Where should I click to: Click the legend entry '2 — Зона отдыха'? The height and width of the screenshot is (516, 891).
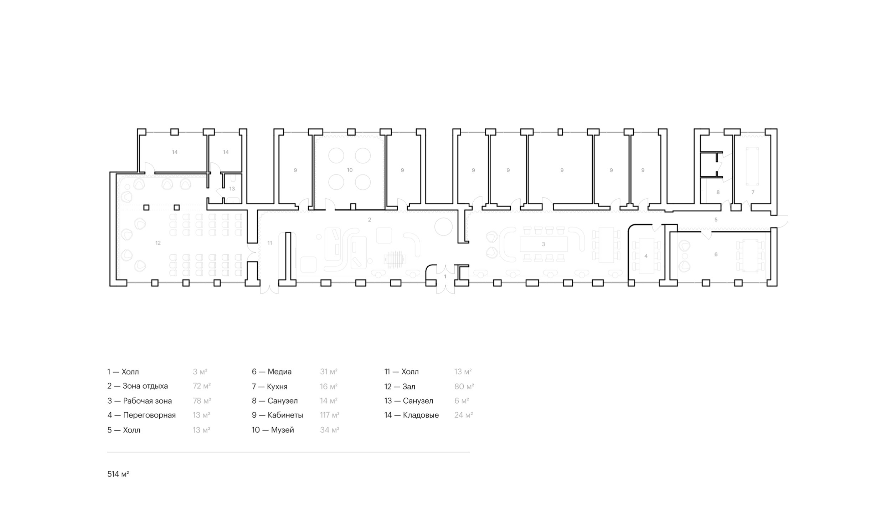[x=138, y=386]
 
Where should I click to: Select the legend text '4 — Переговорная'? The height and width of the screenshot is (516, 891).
[x=141, y=415]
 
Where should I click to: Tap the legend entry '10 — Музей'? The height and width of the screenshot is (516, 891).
[x=273, y=430]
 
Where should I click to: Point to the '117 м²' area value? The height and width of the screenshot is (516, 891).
[x=330, y=415]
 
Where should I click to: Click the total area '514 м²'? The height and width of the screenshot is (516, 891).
[x=118, y=474]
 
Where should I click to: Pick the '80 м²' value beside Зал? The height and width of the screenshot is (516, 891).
[x=464, y=386]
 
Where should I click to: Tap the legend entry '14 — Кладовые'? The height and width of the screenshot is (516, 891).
[x=412, y=415]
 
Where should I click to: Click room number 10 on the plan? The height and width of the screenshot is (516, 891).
[x=350, y=170]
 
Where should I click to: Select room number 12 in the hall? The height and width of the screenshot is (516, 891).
[x=158, y=243]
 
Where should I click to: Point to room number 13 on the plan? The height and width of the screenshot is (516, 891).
[x=232, y=189]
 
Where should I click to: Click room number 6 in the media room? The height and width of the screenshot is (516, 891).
[x=716, y=254]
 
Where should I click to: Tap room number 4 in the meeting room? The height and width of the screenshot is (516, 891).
[x=646, y=256]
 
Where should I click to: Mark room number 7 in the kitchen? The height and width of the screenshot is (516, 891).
[x=753, y=192]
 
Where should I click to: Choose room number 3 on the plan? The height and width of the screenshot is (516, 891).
[x=543, y=244]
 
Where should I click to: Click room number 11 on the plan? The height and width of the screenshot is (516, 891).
[x=270, y=243]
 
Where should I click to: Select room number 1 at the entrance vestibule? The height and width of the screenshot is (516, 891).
[x=445, y=276]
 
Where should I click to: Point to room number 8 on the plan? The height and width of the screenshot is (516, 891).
[x=718, y=192]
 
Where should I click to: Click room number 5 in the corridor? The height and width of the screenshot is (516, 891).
[x=716, y=220]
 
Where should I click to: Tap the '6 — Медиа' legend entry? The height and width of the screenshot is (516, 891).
[x=272, y=372]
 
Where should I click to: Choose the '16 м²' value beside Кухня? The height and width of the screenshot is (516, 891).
[x=329, y=386]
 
